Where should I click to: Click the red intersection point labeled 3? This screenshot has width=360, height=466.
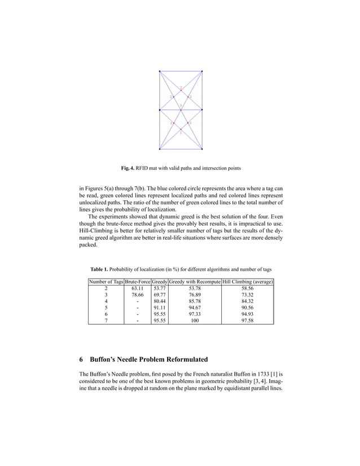coord(181,105)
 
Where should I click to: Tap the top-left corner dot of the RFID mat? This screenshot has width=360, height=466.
coord(160,71)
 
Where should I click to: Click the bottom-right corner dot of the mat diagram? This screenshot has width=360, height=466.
coord(201,150)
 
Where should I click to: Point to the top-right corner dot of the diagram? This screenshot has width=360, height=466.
coord(201,71)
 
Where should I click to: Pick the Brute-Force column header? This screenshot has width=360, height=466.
coord(137,281)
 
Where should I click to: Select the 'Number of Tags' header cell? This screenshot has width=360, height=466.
coord(106,281)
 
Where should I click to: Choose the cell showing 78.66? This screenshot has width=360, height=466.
coord(137,294)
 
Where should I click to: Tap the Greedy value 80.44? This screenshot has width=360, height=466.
coord(160,301)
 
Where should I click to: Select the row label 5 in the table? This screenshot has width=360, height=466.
coord(106,308)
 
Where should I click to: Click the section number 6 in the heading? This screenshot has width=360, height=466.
coord(82,359)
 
